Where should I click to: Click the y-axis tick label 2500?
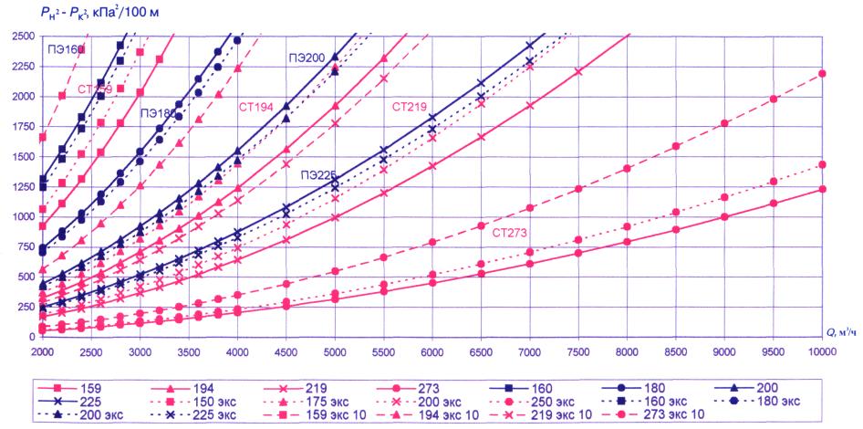click(x=18, y=36)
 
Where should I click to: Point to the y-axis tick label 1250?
click(x=18, y=186)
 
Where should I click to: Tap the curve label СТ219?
click(x=410, y=107)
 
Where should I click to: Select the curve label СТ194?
click(x=256, y=107)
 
